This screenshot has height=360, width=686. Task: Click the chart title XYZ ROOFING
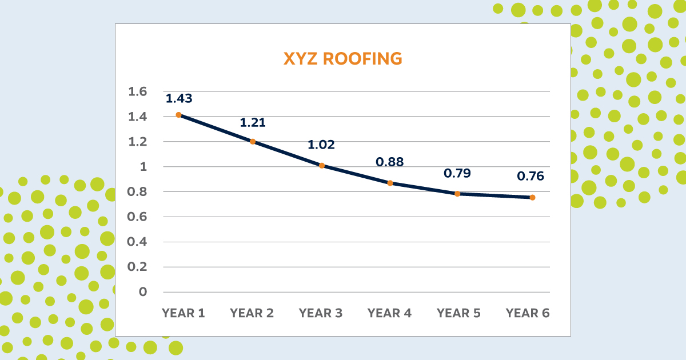342,59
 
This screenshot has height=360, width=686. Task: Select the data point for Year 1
178,115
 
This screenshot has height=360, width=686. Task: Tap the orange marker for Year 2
253,141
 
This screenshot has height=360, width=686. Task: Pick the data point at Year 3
322,166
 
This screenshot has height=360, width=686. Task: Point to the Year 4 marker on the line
390,183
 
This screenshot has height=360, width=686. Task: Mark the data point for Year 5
457,194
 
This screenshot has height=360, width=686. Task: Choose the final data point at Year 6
532,198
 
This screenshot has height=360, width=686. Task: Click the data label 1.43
179,98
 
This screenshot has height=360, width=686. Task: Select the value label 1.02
321,144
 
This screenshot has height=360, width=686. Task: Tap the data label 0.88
389,162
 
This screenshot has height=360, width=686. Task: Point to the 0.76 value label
531,176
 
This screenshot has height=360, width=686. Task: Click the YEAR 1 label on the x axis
184,313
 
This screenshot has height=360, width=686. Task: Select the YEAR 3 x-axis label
321,313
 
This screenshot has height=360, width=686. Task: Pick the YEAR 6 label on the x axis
528,313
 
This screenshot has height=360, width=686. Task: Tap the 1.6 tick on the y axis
139,91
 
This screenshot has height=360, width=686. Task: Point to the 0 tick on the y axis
143,292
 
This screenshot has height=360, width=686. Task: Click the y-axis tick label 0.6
139,217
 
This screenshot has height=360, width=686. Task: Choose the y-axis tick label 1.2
139,142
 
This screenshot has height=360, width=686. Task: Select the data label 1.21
253,122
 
